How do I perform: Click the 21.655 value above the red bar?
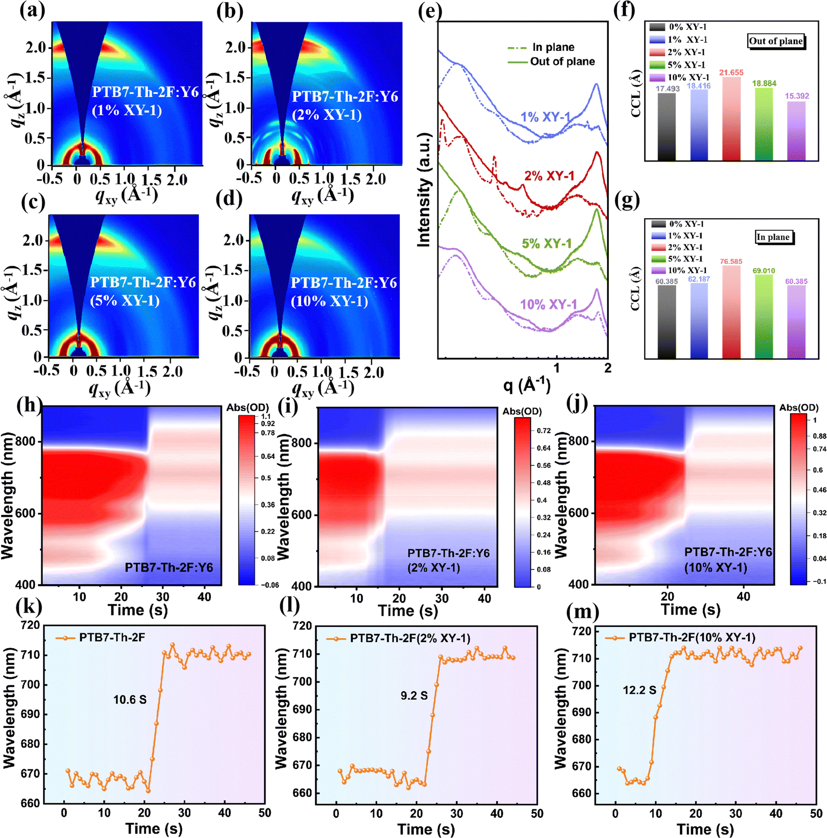click(x=731, y=73)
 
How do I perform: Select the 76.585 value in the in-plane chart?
click(x=731, y=261)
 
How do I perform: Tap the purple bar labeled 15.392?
click(x=796, y=131)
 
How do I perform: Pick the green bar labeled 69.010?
click(x=763, y=316)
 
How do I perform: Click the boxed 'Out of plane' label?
click(x=776, y=41)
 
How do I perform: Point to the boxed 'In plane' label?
click(x=773, y=237)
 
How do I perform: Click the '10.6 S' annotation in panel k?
click(x=130, y=700)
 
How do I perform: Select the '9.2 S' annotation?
click(x=414, y=696)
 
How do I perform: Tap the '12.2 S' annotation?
click(x=639, y=690)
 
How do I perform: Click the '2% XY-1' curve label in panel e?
click(x=549, y=176)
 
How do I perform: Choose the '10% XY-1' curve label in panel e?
click(x=548, y=305)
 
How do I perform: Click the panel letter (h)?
click(x=29, y=405)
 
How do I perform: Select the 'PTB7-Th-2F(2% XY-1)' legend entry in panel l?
click(x=410, y=639)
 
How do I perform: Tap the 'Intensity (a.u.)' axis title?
click(x=424, y=190)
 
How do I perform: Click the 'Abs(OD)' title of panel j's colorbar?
click(x=799, y=407)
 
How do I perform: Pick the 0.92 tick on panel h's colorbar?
click(x=268, y=424)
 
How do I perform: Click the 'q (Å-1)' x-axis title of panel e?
click(x=527, y=385)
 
